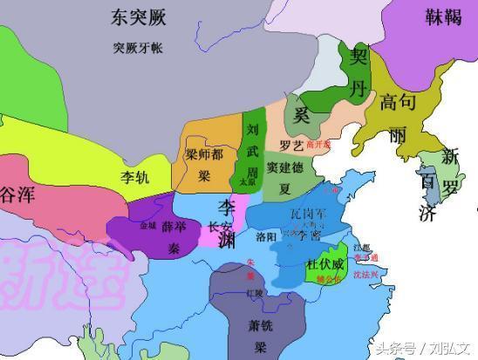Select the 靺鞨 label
(x=445, y=17)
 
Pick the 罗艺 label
(x=290, y=145)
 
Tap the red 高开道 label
(x=317, y=145)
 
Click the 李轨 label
(x=135, y=176)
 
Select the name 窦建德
(x=284, y=166)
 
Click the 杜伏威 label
(x=324, y=263)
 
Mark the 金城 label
(x=148, y=225)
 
